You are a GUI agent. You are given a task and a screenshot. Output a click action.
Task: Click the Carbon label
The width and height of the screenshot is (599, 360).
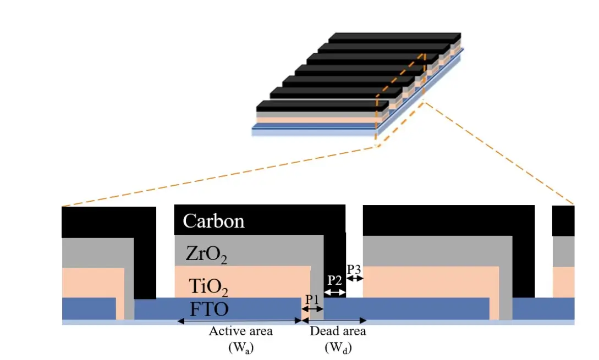tap(213, 221)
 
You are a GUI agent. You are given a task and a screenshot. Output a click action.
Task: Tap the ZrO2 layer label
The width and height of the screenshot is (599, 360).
tap(206, 254)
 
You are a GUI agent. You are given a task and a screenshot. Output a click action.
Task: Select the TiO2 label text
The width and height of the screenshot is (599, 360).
tap(208, 287)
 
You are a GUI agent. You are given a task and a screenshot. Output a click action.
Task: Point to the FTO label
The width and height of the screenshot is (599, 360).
tap(209, 309)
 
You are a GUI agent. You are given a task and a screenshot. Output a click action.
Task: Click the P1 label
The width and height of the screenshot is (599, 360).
tap(312, 300)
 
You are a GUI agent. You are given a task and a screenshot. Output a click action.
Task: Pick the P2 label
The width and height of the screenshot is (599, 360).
tap(334, 280)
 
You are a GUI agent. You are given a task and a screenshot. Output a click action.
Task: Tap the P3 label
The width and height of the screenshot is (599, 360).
tap(354, 269)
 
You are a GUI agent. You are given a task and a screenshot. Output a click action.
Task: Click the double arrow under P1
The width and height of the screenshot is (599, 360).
tap(313, 309)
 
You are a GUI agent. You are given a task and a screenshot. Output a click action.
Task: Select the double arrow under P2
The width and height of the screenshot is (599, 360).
tap(334, 292)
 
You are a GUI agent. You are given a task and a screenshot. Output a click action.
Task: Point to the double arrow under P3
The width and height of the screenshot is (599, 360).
tap(355, 278)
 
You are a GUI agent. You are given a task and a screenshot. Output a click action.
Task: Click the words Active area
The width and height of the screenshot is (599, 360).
tap(241, 331)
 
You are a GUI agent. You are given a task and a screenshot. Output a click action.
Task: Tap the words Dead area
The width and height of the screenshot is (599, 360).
tap(338, 331)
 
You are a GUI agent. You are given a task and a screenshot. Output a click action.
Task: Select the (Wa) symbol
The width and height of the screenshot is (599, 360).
tap(241, 347)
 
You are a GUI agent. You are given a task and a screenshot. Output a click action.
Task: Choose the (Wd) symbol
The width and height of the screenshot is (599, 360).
tap(338, 347)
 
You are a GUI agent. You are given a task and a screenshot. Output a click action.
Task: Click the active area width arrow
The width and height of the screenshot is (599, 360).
tap(240, 321)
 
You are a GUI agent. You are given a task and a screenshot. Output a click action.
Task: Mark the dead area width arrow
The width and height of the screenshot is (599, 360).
tap(334, 320)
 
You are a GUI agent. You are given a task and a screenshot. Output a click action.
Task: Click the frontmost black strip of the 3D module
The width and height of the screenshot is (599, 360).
tap(322, 106)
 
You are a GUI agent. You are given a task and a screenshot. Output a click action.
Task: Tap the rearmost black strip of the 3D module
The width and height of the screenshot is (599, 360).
tap(394, 37)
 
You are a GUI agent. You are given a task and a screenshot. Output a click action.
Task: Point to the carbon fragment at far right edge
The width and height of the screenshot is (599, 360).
tap(563, 220)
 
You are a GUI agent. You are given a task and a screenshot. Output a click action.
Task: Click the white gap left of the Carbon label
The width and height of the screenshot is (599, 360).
tap(165, 252)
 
